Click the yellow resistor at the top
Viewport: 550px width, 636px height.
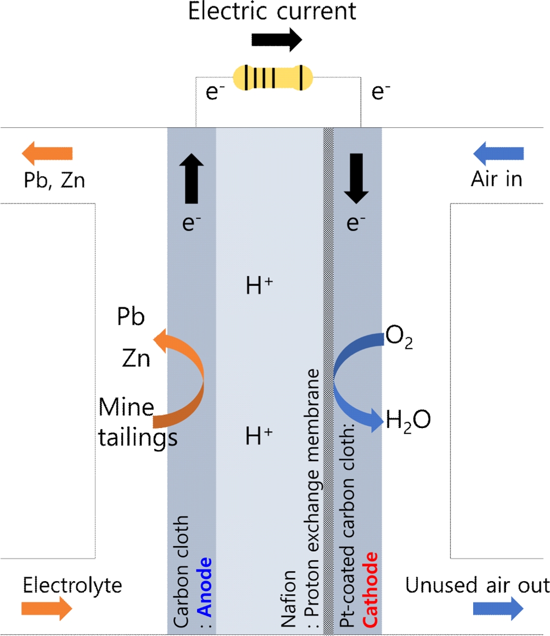tap(273, 78)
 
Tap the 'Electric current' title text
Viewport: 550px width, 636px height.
tap(272, 11)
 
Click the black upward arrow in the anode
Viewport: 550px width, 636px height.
tap(192, 178)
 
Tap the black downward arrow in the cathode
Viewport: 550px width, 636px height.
tap(356, 178)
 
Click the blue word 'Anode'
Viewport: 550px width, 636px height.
tap(205, 587)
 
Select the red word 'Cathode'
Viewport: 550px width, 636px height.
tap(370, 590)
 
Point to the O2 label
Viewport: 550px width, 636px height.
tap(399, 337)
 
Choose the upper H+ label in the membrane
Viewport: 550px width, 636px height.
tap(259, 285)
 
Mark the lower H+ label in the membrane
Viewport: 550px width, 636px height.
tap(259, 435)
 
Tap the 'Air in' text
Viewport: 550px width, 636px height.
tap(497, 179)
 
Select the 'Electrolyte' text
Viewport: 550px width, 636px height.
tap(72, 585)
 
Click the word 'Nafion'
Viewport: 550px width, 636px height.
tap(289, 599)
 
